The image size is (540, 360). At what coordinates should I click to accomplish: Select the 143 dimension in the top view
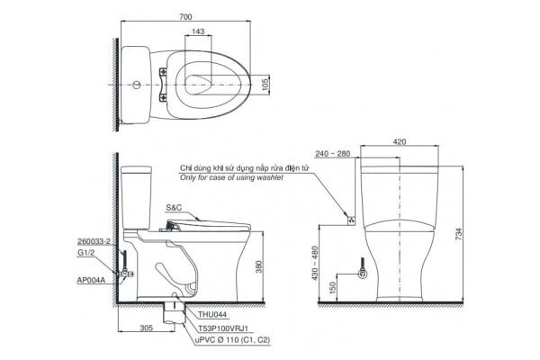coord(198,32)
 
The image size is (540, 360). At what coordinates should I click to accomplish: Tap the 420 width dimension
coord(399,141)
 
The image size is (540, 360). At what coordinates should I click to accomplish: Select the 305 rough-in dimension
coord(146,329)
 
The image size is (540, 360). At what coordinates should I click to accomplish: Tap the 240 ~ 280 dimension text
coord(333,154)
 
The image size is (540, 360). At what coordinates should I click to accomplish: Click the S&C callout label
coord(174,208)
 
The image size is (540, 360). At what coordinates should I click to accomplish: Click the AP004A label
coord(92,280)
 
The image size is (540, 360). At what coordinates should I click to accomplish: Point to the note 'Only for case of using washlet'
coord(231,178)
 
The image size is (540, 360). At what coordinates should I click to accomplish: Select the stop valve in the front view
coord(363,273)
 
